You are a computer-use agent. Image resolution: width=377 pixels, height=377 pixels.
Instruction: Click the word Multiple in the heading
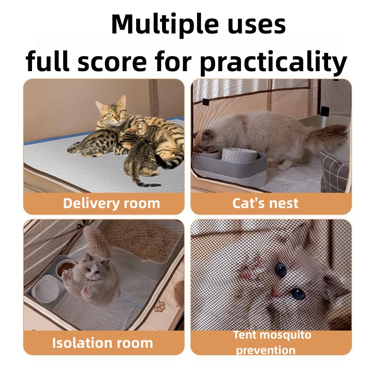165,25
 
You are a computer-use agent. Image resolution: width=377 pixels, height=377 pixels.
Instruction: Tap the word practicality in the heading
274,62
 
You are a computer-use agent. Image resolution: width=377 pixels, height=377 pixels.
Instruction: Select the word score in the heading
112,62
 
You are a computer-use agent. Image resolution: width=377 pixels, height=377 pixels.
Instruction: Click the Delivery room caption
111,204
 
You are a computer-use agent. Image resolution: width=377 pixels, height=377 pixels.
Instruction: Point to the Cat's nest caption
265,204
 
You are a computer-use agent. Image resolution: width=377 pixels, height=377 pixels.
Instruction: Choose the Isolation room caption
102,343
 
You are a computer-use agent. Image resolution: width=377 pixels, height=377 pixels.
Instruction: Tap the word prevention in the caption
265,350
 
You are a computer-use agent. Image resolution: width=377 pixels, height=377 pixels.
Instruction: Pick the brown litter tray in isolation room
141,240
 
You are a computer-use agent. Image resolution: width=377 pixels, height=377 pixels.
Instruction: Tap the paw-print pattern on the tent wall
160,306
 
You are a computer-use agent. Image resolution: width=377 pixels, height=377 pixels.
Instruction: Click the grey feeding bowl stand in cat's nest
230,166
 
